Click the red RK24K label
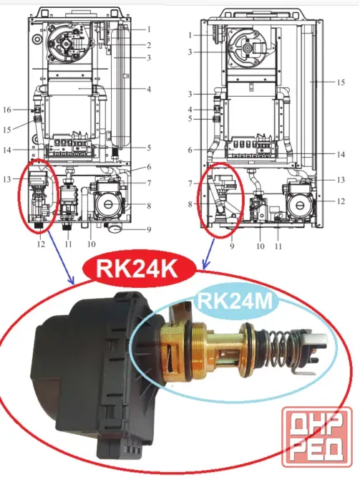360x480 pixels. [139, 269]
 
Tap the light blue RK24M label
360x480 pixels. [235, 301]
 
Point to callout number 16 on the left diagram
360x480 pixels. [7, 110]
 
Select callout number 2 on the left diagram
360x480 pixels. [149, 45]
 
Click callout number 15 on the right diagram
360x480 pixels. [341, 82]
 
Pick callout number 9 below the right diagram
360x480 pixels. [232, 246]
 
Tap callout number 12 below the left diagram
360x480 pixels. [41, 244]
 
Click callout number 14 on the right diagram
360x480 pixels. [341, 154]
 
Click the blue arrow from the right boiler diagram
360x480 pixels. [210, 253]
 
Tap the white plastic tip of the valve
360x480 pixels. [318, 338]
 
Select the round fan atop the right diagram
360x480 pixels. [248, 48]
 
